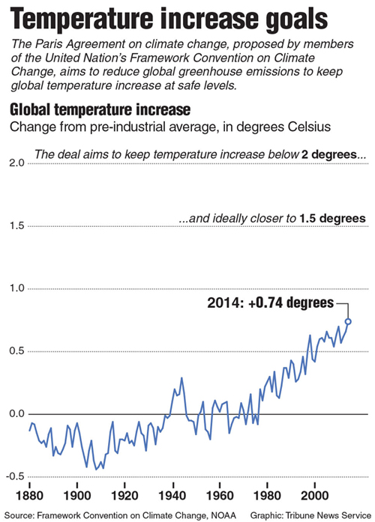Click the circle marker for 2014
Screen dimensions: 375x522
[x=348, y=321]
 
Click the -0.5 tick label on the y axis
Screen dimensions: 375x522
[x=15, y=476]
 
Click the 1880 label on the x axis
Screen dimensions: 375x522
[x=30, y=496]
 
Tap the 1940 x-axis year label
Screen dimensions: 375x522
[x=172, y=496]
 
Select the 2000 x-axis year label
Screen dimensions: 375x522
[x=315, y=496]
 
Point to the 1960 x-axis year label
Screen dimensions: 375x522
[x=220, y=496]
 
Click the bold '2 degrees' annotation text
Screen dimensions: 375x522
[x=328, y=154]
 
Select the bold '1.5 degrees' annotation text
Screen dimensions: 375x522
[x=332, y=219]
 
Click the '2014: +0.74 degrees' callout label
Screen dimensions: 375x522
[x=270, y=303]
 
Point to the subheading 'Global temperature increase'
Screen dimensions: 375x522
[x=100, y=109]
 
